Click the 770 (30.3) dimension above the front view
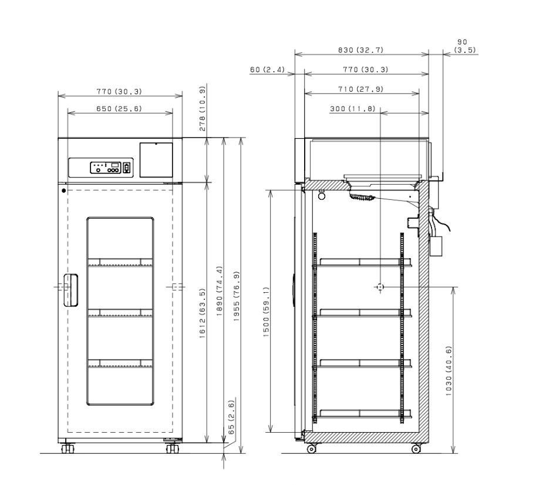(119, 91)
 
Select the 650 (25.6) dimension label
(119, 109)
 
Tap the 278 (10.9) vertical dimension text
(203, 109)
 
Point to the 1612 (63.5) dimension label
(203, 313)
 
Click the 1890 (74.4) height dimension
(220, 291)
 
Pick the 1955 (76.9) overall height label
(237, 296)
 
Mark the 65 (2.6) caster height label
(231, 417)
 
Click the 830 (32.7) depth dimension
(361, 50)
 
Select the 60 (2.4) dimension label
(267, 69)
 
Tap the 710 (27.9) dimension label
(361, 89)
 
